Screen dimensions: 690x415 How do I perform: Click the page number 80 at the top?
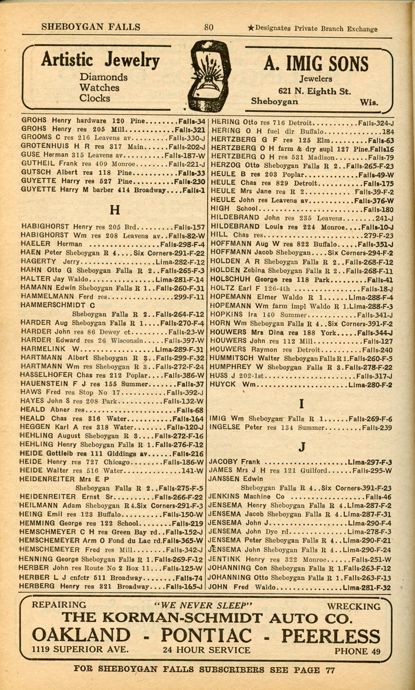point(209,27)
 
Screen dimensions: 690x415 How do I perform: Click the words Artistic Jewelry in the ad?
point(100,60)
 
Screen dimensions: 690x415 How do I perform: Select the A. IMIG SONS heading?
point(316,64)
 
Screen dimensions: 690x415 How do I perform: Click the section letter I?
point(302,403)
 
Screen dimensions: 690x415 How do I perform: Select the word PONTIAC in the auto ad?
point(206,635)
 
